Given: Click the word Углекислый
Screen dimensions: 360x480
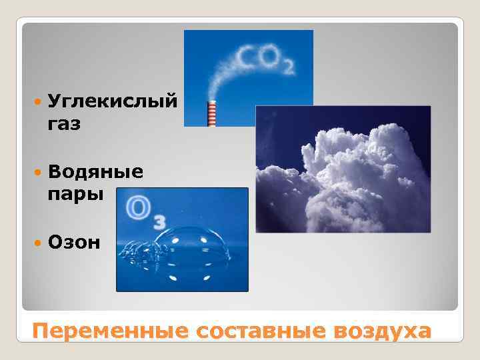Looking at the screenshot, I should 113,102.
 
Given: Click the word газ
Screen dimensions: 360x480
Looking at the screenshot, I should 65,124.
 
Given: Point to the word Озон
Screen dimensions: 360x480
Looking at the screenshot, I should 74,241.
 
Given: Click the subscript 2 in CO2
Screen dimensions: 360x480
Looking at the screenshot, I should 288,67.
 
